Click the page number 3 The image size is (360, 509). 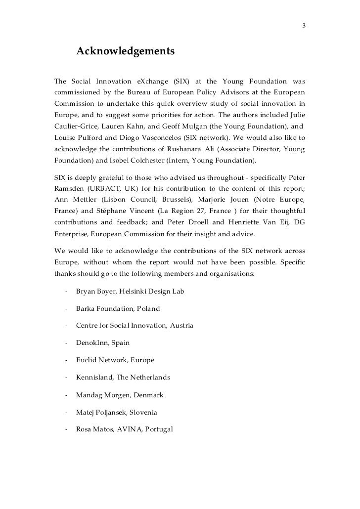click(x=304, y=26)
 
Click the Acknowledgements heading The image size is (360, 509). click(x=126, y=51)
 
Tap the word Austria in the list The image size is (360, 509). click(x=182, y=326)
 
